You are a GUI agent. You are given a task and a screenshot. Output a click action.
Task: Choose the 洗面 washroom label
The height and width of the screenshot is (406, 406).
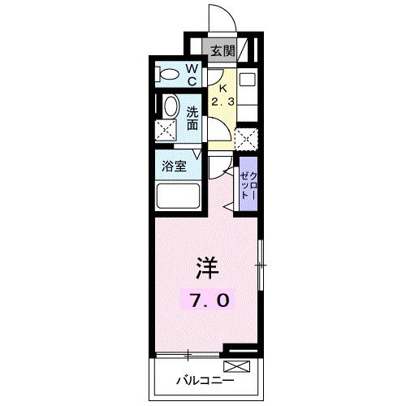[193, 118]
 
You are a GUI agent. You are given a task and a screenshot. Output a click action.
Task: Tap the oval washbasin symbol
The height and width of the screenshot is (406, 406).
[171, 107]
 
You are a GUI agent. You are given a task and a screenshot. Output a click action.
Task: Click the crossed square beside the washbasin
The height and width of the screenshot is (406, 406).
[167, 130]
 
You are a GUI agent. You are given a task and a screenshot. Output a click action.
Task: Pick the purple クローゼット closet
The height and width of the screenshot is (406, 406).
[248, 188]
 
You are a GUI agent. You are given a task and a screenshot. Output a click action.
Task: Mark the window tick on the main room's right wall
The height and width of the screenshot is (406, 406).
[260, 265]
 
